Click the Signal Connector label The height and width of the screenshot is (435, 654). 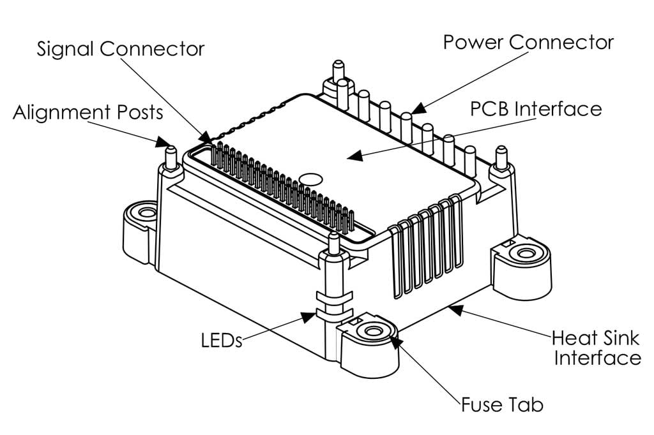(x=121, y=49)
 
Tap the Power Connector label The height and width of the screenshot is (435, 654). (x=528, y=43)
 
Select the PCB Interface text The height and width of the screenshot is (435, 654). (x=536, y=108)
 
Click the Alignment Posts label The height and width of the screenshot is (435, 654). (x=88, y=113)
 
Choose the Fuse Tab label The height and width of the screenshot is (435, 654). (x=502, y=404)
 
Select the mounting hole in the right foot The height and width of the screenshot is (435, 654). (x=526, y=254)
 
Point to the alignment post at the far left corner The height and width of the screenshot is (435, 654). (x=171, y=157)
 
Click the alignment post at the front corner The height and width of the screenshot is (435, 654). (x=333, y=246)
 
